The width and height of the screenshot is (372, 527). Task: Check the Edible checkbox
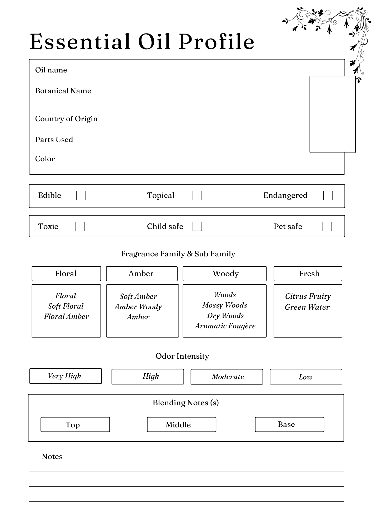[x=81, y=196]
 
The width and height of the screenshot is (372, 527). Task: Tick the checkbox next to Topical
[x=197, y=196]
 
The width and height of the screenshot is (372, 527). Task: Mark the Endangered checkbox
[x=328, y=196]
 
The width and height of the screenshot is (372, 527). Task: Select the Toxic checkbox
[x=80, y=226]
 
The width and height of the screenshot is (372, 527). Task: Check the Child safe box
[x=197, y=226]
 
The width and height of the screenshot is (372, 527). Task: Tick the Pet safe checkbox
[x=327, y=226]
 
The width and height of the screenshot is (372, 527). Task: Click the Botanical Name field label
[x=63, y=91]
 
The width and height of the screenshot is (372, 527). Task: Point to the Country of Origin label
[x=66, y=119]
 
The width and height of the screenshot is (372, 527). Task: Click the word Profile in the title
[x=217, y=42]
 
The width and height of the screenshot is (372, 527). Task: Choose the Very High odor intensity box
[x=66, y=376]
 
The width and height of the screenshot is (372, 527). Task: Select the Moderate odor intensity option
[x=227, y=377]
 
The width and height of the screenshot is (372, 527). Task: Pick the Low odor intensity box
[x=306, y=377]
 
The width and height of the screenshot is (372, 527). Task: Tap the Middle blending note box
[x=182, y=424]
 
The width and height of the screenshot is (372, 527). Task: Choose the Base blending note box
[x=289, y=424]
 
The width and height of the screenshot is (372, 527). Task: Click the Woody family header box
[x=225, y=274]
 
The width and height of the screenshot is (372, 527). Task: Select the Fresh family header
[x=308, y=274]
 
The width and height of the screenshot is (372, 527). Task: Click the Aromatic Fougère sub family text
[x=225, y=326]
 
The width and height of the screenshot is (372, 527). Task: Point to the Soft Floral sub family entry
[x=66, y=306]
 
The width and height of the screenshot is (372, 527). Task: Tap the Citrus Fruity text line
[x=308, y=296]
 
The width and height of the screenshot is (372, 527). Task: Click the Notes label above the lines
[x=52, y=457]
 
